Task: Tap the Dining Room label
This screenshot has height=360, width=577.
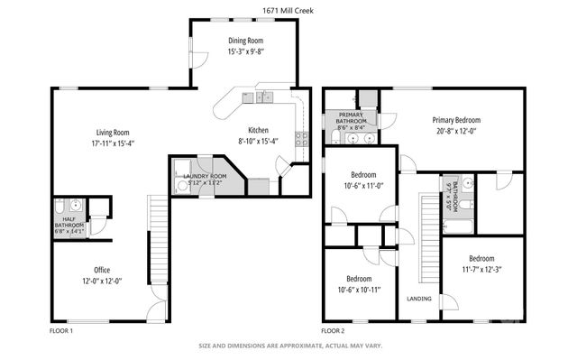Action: click(x=244, y=41)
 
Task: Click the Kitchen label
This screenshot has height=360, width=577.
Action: click(x=259, y=130)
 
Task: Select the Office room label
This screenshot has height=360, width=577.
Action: click(x=102, y=270)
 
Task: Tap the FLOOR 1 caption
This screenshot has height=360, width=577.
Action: click(x=61, y=331)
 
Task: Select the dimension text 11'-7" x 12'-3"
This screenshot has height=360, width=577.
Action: click(x=481, y=268)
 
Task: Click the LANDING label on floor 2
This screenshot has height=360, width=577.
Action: click(x=418, y=299)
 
